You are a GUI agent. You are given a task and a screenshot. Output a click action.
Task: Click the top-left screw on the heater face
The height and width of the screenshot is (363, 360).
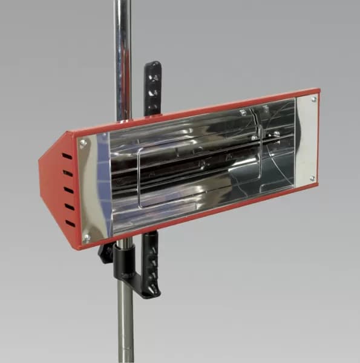(x=83, y=143)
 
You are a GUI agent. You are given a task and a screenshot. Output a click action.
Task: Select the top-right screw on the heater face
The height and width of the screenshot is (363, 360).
(x=313, y=99)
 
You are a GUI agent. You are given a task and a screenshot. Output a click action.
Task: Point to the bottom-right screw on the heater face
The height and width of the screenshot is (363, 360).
(x=313, y=178)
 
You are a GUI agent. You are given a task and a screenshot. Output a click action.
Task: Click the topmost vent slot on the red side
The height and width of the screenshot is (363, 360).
(x=67, y=156)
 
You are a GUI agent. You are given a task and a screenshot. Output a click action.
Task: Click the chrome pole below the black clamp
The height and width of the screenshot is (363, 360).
(x=125, y=327)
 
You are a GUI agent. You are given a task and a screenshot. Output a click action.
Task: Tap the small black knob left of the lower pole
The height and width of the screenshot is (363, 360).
(x=106, y=252)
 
